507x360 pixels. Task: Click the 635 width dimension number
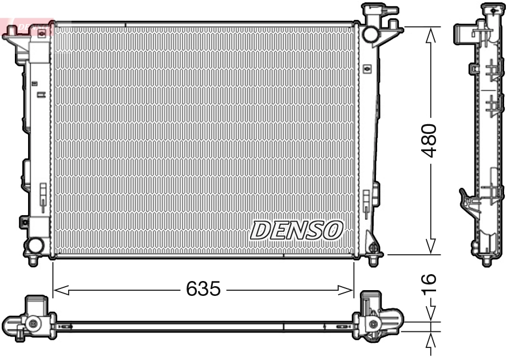[203, 289]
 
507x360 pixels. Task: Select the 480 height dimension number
[429, 140]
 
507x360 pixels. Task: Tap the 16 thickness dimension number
[429, 285]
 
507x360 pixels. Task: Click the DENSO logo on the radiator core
[296, 230]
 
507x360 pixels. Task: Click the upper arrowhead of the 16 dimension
[430, 314]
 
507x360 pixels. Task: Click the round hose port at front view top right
[370, 34]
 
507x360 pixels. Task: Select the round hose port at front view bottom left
[35, 246]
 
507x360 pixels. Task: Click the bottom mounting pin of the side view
[487, 262]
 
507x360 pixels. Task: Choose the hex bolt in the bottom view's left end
[33, 324]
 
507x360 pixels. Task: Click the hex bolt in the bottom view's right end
[375, 324]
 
